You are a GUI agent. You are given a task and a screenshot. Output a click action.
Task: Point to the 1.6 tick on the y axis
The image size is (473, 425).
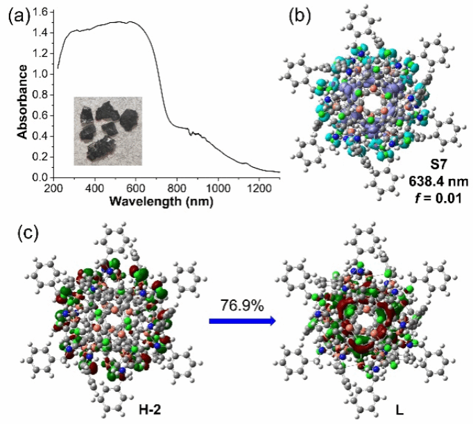(41, 12)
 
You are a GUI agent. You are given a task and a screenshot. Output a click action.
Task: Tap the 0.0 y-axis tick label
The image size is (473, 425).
(41, 177)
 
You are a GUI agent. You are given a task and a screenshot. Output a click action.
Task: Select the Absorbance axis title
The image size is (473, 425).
(23, 102)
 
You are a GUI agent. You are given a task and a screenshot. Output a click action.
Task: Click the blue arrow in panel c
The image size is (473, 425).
(241, 320)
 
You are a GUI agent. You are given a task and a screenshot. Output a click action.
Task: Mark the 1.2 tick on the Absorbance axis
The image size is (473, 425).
(41, 53)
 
